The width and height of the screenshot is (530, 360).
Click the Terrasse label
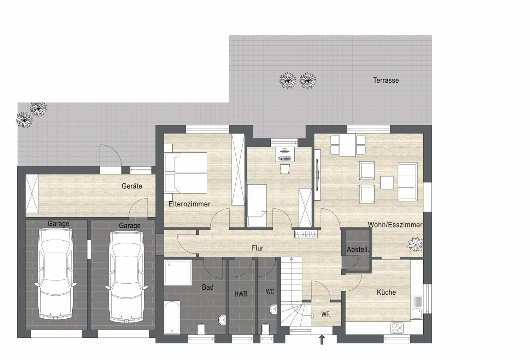pos(386,81)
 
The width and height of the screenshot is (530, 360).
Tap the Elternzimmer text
pos(189,204)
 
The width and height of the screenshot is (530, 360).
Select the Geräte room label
pos(132,186)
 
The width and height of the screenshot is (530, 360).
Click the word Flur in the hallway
pos(258,248)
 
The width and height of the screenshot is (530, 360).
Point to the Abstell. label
pos(358,249)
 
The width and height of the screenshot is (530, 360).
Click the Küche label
pos(386,293)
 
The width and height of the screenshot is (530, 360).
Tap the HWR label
pos(241,294)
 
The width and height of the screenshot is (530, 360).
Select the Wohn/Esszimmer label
pos(395,225)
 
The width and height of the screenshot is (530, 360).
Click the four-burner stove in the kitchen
pos(397,328)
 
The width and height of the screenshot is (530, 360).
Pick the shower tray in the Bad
pos(178,273)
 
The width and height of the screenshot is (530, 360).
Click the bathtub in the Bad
pos(172,317)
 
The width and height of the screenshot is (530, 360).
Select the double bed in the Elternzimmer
pos(186,173)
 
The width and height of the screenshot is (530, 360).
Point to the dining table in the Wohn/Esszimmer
pos(348,145)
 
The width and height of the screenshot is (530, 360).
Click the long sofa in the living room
pos(407,182)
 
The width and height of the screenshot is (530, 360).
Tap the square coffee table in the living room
pos(387,182)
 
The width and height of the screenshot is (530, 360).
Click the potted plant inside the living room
pos(415,244)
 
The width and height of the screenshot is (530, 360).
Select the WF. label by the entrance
pos(325,314)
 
